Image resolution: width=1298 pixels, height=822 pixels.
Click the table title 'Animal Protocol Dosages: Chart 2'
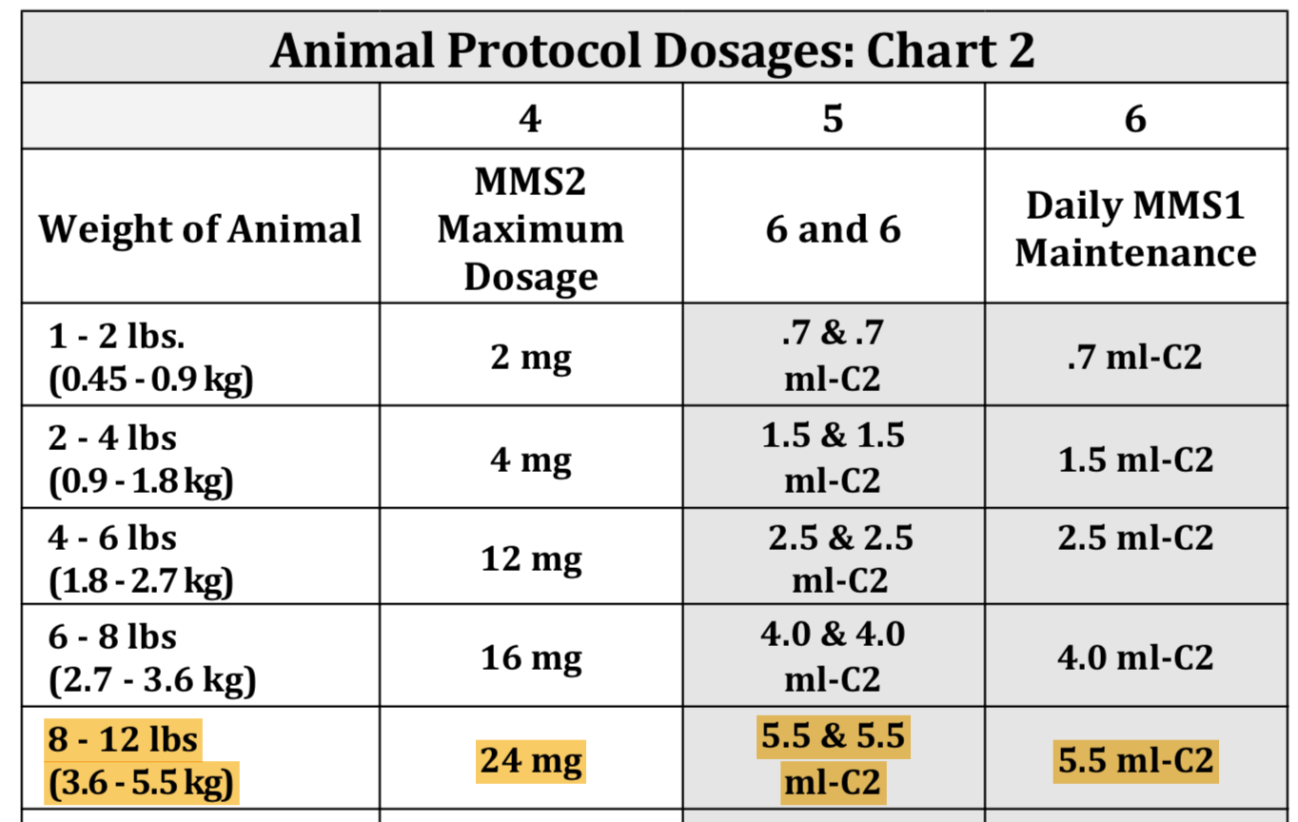pyautogui.click(x=652, y=49)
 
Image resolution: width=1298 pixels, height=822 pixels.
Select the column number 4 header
pyautogui.click(x=530, y=118)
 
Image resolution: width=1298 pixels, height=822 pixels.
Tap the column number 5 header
pyautogui.click(x=833, y=118)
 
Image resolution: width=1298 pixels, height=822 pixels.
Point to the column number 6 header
pyautogui.click(x=1135, y=118)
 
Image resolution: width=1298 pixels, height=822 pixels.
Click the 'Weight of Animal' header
pyautogui.click(x=200, y=229)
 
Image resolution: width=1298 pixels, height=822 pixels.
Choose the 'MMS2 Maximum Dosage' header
pyautogui.click(x=530, y=228)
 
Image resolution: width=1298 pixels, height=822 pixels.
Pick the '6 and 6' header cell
pyautogui.click(x=833, y=229)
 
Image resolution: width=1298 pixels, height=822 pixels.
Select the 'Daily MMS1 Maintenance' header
pyautogui.click(x=1135, y=229)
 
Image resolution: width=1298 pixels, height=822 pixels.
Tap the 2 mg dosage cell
pyautogui.click(x=530, y=358)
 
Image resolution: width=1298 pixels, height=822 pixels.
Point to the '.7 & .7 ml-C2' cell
pyautogui.click(x=833, y=356)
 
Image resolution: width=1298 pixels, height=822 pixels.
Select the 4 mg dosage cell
pyautogui.click(x=530, y=460)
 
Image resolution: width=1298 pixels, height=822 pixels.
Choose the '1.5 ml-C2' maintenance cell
pyautogui.click(x=1135, y=460)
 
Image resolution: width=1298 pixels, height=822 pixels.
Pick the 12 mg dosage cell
pyautogui.click(x=530, y=558)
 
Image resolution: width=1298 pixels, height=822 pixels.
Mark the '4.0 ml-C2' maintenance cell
pyautogui.click(x=1135, y=657)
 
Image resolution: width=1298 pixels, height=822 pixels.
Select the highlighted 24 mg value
pyautogui.click(x=531, y=761)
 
